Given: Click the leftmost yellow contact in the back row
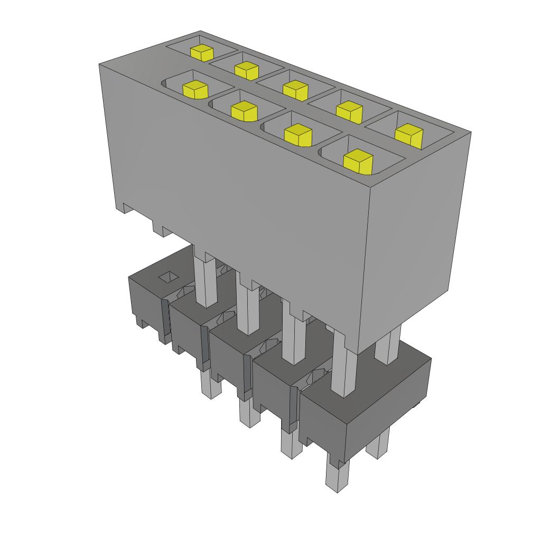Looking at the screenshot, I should pos(202,53).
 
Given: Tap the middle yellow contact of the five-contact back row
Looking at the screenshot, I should pos(295,89).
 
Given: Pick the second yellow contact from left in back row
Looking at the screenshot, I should pos(246,70).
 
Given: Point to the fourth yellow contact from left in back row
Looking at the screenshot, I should pos(349,111).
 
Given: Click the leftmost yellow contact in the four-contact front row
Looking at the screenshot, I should pos(195,89).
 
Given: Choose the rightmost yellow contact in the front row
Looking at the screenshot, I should pos(358,162).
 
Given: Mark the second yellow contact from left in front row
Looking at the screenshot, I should pos(244,110).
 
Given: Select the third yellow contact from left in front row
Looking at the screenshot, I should pos(298,135).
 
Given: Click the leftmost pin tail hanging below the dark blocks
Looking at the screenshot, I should pos(211,385).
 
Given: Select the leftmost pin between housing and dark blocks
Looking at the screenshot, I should pos(206,280).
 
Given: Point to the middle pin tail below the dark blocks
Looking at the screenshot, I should pos(249,412).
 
